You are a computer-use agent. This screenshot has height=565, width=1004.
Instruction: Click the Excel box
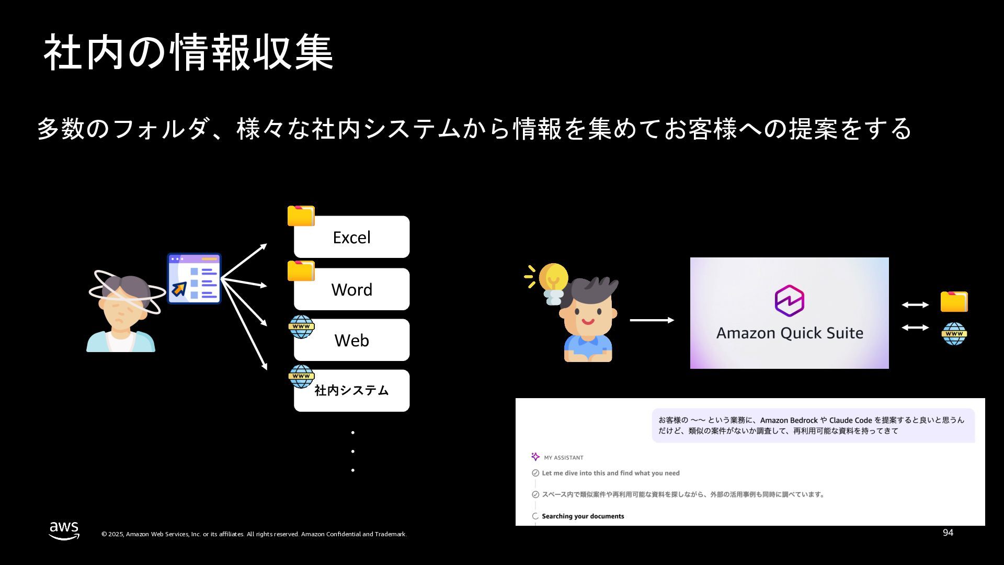[351, 237]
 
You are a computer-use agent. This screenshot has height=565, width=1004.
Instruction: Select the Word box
[351, 289]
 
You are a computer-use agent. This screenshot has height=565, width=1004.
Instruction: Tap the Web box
[351, 340]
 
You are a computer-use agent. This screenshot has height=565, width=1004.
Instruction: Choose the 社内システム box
[351, 391]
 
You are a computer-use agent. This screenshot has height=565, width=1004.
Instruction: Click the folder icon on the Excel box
[301, 216]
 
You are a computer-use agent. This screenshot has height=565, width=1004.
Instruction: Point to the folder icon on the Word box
[301, 271]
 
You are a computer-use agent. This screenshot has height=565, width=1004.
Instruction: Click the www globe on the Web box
[301, 326]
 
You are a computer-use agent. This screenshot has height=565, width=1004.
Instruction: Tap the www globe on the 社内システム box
[301, 376]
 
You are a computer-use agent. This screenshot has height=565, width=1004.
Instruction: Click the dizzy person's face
[122, 309]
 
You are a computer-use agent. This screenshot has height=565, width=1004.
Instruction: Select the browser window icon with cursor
[194, 279]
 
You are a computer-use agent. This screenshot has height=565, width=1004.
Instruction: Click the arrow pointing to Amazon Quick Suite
[652, 320]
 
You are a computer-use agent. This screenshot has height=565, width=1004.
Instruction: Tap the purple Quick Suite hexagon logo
[789, 301]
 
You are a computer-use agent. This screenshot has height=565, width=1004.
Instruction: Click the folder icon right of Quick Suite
[954, 302]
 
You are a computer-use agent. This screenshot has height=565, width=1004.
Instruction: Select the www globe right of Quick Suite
[954, 334]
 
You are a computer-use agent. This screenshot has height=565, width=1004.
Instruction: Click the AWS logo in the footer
[64, 530]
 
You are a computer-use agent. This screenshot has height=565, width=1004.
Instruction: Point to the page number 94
[948, 533]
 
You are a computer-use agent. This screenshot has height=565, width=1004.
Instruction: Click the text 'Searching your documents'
[583, 516]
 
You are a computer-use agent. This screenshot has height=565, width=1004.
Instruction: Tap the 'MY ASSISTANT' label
[563, 458]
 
